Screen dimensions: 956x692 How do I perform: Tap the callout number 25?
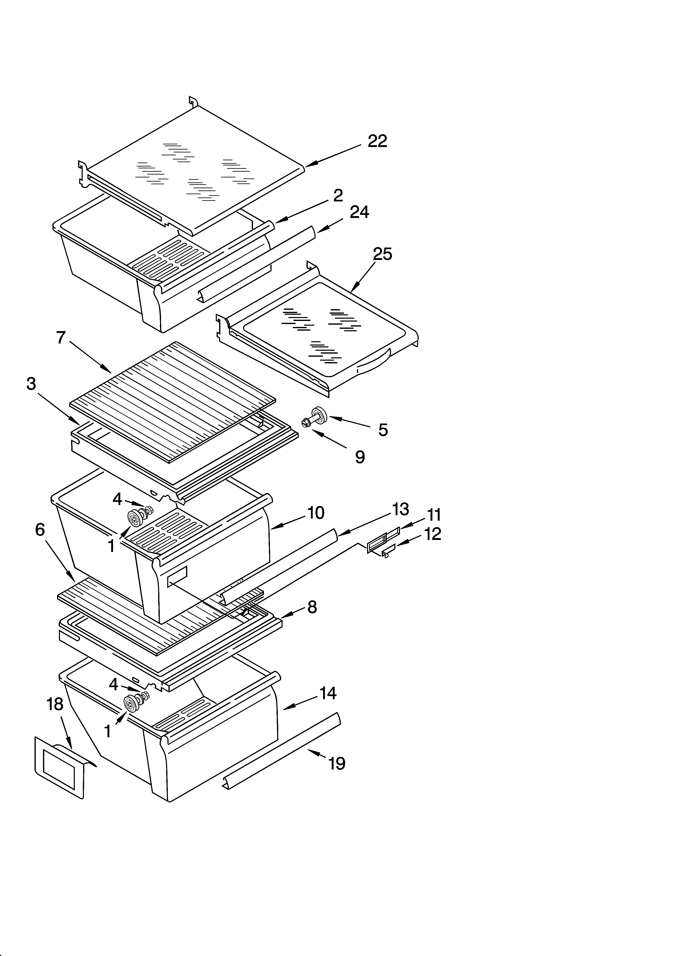(x=382, y=254)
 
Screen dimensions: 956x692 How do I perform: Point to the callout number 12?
(x=432, y=534)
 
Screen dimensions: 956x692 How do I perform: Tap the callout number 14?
(x=328, y=693)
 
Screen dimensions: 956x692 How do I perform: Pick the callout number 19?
(x=337, y=763)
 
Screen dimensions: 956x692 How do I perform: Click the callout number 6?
(x=40, y=530)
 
